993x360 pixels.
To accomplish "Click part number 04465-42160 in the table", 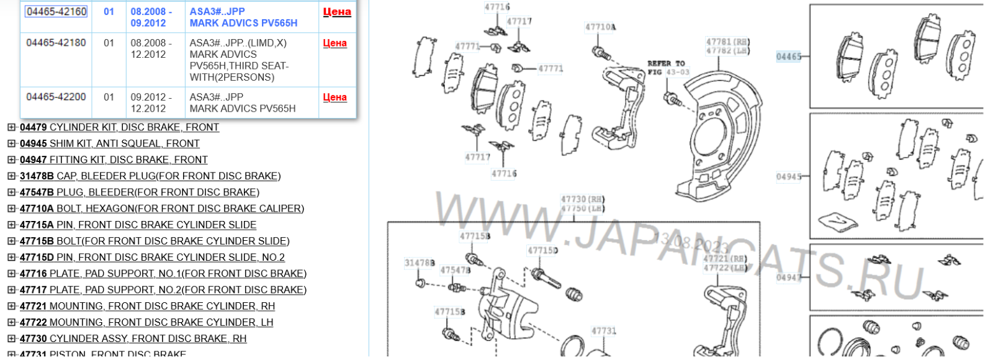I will pyautogui.click(x=56, y=12).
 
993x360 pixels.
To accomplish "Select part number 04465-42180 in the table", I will pyautogui.click(x=56, y=43).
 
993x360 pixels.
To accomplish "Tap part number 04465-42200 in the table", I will pyautogui.click(x=56, y=97).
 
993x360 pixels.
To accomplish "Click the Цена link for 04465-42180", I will pyautogui.click(x=335, y=43).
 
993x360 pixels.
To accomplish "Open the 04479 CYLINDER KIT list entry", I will pyautogui.click(x=119, y=127).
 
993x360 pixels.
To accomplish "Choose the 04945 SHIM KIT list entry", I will pyautogui.click(x=109, y=143).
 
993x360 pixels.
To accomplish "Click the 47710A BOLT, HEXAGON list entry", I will pyautogui.click(x=161, y=209).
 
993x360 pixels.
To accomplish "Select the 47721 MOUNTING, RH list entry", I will pyautogui.click(x=147, y=306).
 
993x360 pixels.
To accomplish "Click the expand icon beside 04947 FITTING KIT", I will pyautogui.click(x=11, y=160).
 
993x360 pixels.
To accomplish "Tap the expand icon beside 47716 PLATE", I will pyautogui.click(x=11, y=273).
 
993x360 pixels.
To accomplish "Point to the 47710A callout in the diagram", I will pyautogui.click(x=600, y=27).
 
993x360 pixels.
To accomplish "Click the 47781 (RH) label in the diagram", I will pyautogui.click(x=727, y=42).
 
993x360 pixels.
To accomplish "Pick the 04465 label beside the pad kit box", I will pyautogui.click(x=788, y=56).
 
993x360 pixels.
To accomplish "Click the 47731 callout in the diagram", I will pyautogui.click(x=603, y=331).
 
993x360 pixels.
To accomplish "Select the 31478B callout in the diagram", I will pyautogui.click(x=420, y=263).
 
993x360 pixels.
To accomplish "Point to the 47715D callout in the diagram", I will pyautogui.click(x=542, y=251).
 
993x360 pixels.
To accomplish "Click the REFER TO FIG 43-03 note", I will pyautogui.click(x=667, y=68).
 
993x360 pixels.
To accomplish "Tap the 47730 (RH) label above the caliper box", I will pyautogui.click(x=582, y=199).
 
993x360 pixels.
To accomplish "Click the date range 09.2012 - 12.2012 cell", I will pyautogui.click(x=148, y=102).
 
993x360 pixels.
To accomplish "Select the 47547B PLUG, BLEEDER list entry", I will pyautogui.click(x=139, y=192).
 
